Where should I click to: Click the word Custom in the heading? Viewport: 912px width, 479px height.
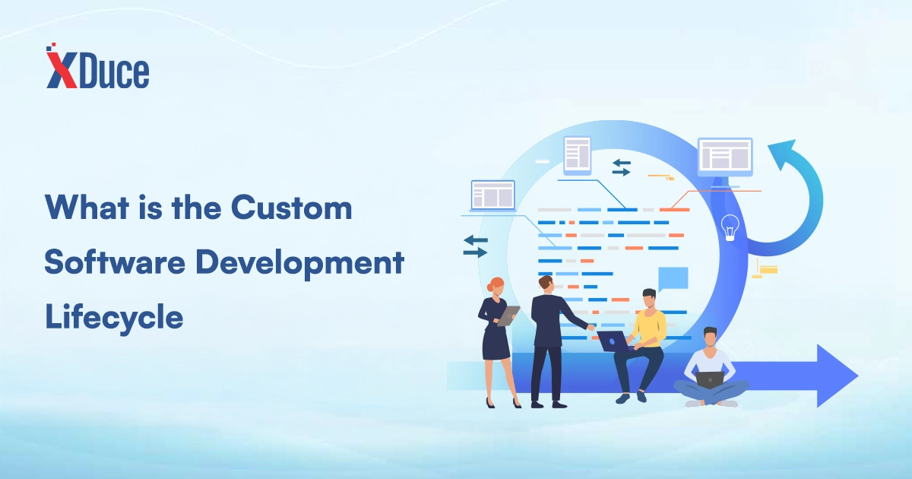coord(292,208)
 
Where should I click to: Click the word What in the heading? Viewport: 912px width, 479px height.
coord(87,208)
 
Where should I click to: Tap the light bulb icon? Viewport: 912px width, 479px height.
coord(730,227)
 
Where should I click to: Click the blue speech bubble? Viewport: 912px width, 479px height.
coord(673,278)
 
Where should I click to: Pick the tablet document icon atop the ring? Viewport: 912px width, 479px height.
coord(578,156)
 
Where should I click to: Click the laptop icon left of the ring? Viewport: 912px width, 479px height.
coord(493,196)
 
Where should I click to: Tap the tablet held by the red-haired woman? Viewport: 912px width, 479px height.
coord(508,316)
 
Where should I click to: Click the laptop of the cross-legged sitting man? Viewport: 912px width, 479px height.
coord(710,380)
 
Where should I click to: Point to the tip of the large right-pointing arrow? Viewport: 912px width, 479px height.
coord(858,376)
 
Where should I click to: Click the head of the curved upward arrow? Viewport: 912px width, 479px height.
coord(783,154)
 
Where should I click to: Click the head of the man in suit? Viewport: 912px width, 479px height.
coord(546,284)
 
